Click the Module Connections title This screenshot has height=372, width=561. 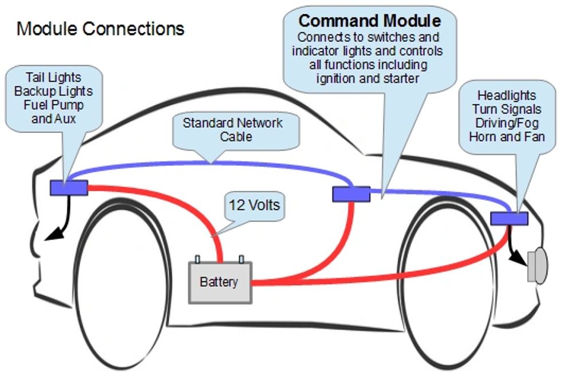coord(101,29)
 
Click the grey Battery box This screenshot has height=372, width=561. coord(220,282)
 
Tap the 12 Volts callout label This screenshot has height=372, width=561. coord(255,204)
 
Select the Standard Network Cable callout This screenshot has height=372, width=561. coord(232,130)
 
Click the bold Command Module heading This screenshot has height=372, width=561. coord(370,21)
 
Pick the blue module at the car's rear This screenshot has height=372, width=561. coord(69,188)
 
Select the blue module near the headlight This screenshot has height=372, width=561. coord(509,219)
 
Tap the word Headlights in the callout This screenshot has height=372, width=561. coord(507,96)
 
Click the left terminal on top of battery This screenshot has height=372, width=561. coord(198,259)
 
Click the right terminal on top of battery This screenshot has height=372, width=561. coord(242,259)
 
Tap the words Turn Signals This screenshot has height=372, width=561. coord(507,109)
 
